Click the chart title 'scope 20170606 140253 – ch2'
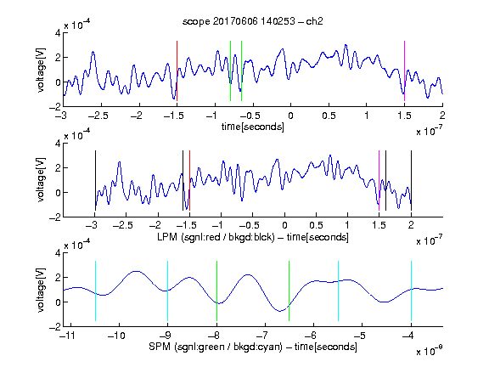click(253, 21)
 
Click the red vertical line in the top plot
click(177, 71)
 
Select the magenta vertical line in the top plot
click(404, 71)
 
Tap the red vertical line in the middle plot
click(189, 181)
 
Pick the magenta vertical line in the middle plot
click(379, 181)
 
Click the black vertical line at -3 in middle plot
click(95, 181)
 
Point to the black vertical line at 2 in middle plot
click(411, 181)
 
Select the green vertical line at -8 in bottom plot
click(216, 291)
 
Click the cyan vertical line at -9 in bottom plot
click(167, 291)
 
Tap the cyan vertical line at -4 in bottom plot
click(411, 291)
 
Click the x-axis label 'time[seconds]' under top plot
click(253, 127)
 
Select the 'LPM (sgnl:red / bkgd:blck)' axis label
click(216, 237)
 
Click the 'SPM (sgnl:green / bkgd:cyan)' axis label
click(216, 347)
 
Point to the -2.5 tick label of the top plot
click(98, 116)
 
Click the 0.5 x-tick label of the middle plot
click(316, 225)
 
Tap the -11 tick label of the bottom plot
click(67, 336)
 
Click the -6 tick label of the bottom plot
click(311, 336)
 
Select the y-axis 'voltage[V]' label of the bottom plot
click(41, 290)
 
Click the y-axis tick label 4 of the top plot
click(58, 33)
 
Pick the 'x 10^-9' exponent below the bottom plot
click(430, 350)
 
